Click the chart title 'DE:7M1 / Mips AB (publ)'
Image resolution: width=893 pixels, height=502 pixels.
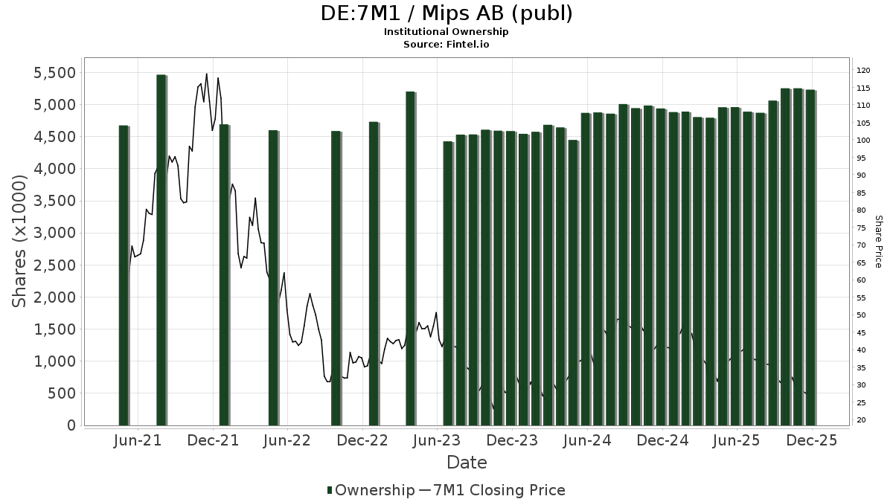click(x=446, y=13)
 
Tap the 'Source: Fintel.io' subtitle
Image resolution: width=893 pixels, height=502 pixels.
click(x=446, y=44)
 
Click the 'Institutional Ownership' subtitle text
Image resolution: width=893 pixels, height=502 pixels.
click(x=446, y=32)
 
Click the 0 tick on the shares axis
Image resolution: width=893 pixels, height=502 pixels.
click(x=71, y=425)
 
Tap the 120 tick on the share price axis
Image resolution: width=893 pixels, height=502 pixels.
click(x=863, y=71)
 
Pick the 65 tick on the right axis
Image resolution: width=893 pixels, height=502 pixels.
click(x=861, y=263)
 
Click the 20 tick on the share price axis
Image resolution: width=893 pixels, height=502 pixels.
click(x=861, y=420)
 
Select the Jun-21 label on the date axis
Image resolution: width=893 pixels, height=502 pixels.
click(x=138, y=441)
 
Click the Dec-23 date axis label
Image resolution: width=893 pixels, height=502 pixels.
click(x=512, y=441)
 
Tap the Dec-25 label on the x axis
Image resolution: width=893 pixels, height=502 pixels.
click(x=812, y=441)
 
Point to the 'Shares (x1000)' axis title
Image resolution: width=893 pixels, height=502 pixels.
click(x=21, y=241)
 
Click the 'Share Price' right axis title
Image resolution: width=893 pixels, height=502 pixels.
click(x=878, y=241)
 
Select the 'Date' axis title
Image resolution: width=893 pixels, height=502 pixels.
click(x=467, y=463)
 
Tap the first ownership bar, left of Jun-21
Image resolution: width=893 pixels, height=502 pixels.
click(x=124, y=275)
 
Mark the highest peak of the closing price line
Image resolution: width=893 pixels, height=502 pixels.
click(x=206, y=74)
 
